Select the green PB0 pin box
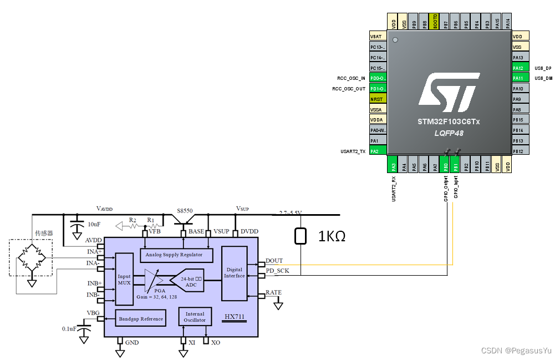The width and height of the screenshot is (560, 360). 445,165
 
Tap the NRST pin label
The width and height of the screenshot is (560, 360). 377,99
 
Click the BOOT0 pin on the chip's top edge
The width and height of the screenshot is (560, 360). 435,22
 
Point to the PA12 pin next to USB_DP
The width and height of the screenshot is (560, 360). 519,68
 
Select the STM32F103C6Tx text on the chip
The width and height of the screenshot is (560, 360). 449,121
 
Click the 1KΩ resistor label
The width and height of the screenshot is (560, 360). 332,236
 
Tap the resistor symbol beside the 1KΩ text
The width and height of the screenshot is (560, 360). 301,236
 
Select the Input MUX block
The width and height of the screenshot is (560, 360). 124,279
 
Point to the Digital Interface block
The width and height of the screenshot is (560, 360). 234,273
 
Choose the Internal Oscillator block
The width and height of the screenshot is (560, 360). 195,317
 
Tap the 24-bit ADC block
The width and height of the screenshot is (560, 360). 191,281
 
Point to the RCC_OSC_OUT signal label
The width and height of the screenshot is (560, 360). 349,89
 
